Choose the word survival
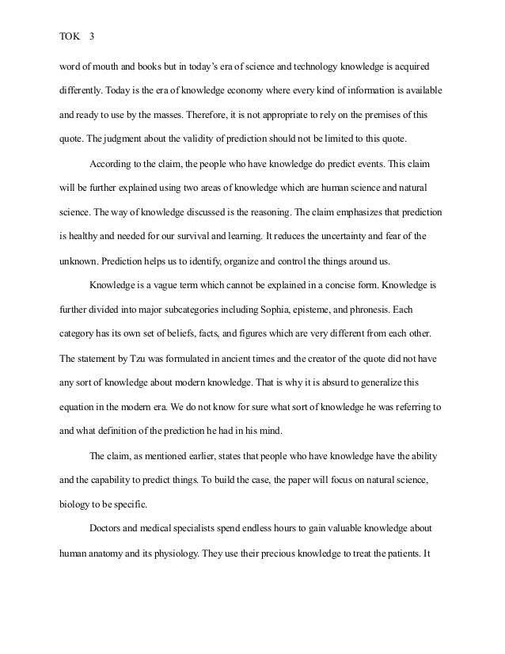pyautogui.click(x=236, y=237)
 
